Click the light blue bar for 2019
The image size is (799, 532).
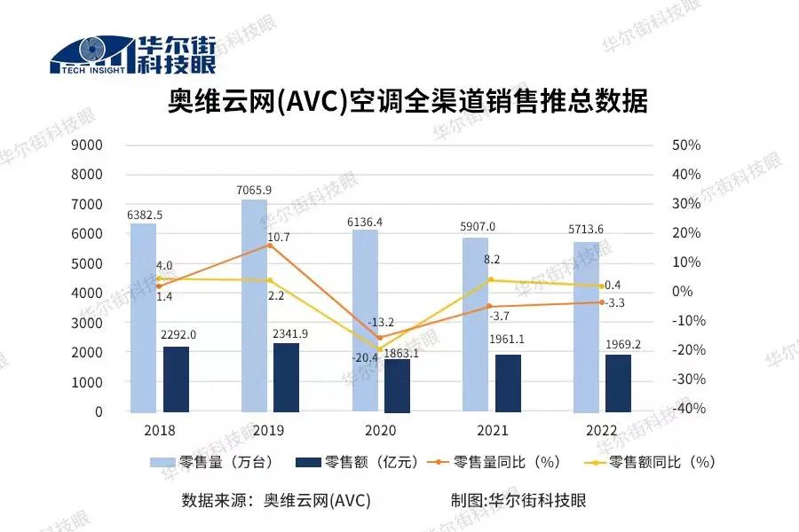[254, 306]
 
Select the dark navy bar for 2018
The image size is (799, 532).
[176, 379]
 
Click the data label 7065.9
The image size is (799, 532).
[254, 190]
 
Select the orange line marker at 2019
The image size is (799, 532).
[270, 245]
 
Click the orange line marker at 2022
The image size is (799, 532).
[601, 302]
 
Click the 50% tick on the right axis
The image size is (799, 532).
[686, 145]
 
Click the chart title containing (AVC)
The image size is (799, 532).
[407, 102]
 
